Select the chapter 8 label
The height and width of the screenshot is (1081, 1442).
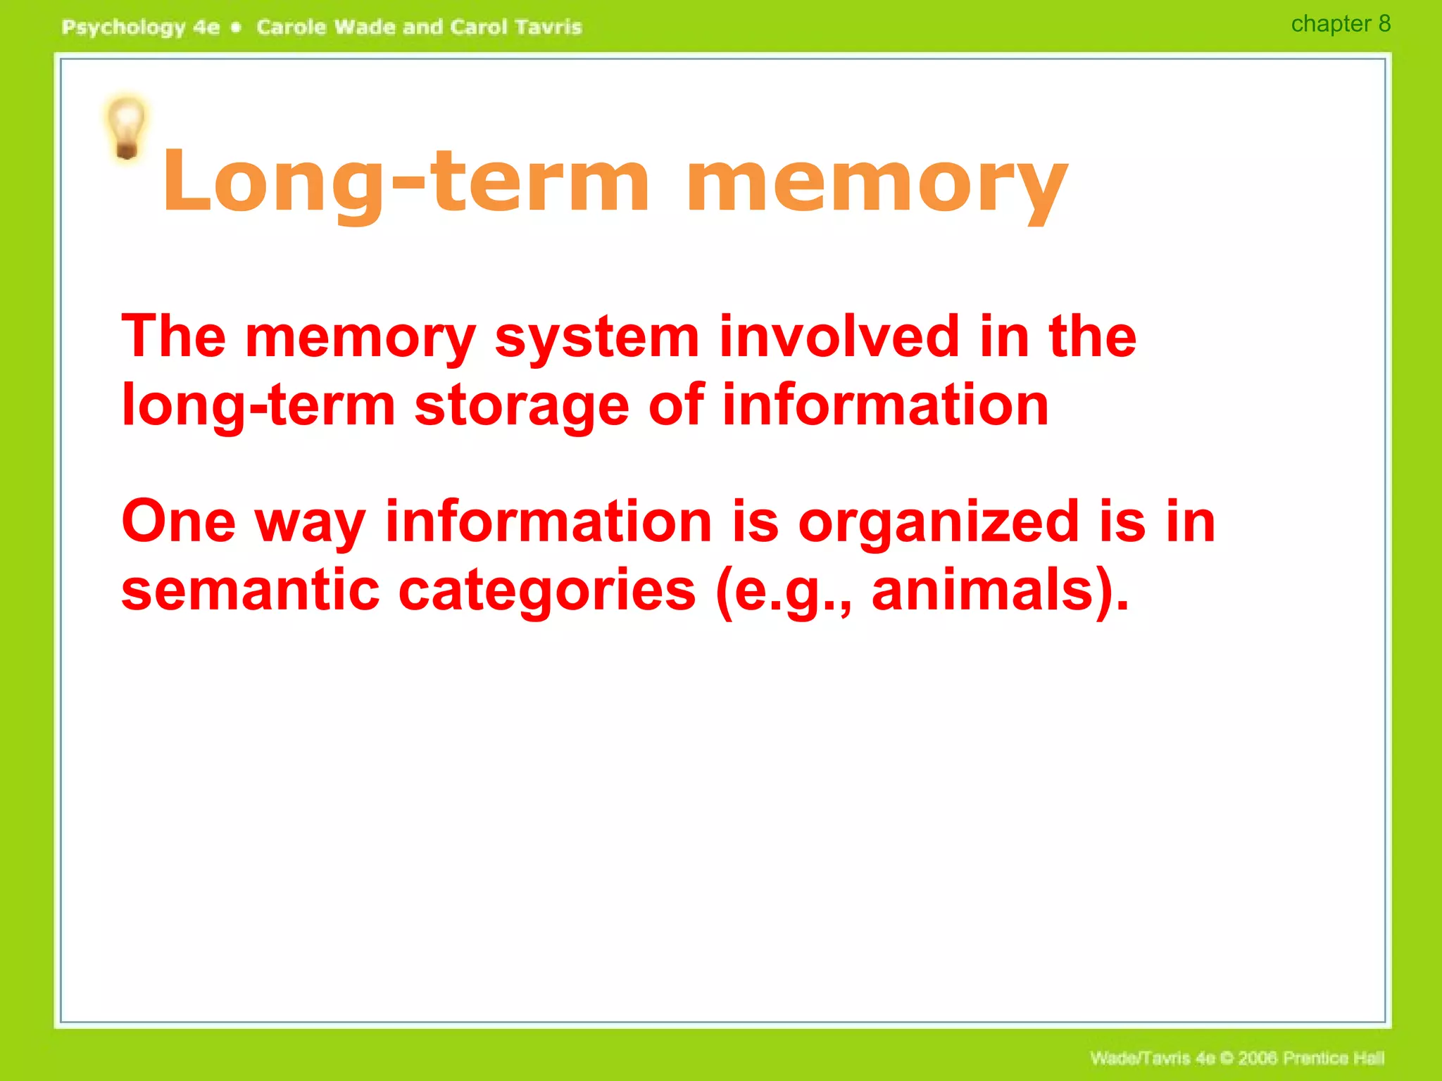click(x=1340, y=24)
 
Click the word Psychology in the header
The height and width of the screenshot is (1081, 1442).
click(x=123, y=27)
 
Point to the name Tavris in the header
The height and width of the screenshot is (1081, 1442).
click(x=548, y=27)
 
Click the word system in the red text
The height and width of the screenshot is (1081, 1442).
click(x=597, y=338)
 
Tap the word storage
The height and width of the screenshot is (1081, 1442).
click(x=522, y=407)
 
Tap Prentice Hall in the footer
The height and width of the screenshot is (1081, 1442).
click(x=1334, y=1058)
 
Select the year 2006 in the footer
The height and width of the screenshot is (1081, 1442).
click(x=1258, y=1058)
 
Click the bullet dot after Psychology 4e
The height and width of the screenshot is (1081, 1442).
click(x=237, y=27)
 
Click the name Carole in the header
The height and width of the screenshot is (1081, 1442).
click(x=291, y=27)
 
